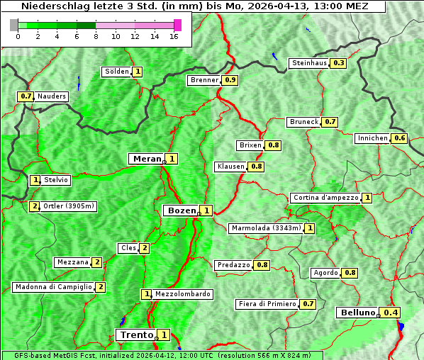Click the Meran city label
coord(147,159)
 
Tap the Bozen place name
coord(180,210)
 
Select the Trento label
coord(136,334)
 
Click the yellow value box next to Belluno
coord(391,313)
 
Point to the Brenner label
coord(204,80)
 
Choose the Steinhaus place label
coord(310,63)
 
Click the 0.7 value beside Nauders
coord(26,96)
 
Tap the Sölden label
coord(117,72)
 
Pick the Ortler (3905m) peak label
coord(69,206)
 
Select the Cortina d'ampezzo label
coord(325,198)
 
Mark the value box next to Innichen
coord(400,138)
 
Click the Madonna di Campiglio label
coord(53,287)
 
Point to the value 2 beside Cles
coord(144,248)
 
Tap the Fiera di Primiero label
coord(267,304)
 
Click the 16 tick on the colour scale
coord(174,37)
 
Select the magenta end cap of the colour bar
coord(177,25)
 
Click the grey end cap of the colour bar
coord(14,25)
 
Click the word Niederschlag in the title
coord(53,6)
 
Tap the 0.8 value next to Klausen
coord(257,167)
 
